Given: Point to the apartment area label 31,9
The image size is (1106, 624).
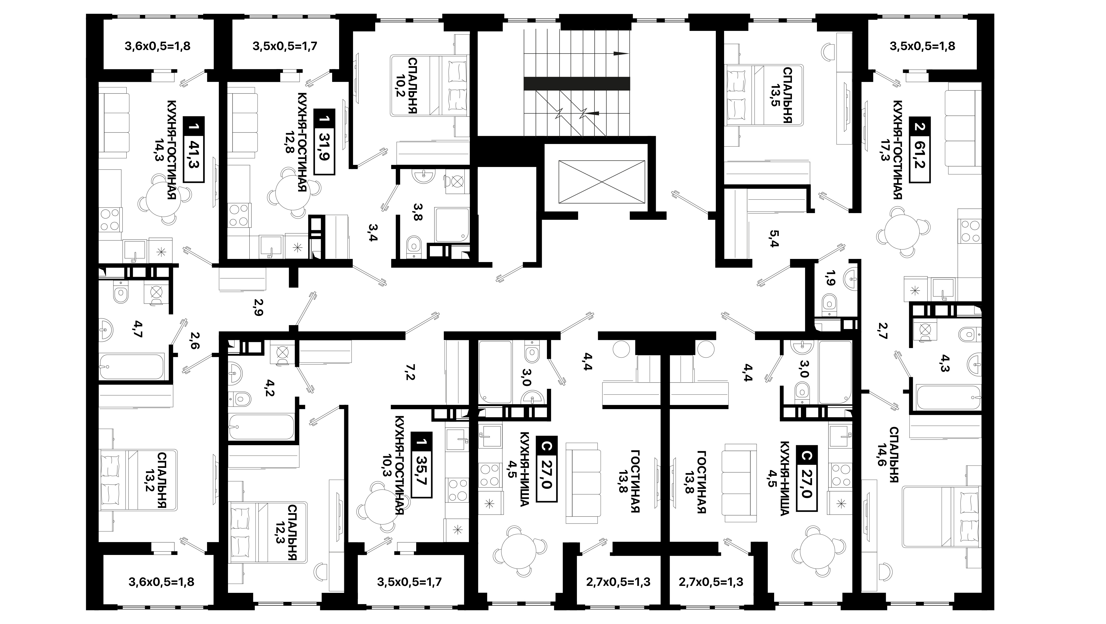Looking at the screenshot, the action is pyautogui.click(x=325, y=147).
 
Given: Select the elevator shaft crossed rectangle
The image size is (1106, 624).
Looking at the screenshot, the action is pyautogui.click(x=602, y=182).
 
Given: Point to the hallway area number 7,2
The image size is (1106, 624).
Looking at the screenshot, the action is pyautogui.click(x=409, y=372).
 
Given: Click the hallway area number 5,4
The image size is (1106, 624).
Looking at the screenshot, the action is pyautogui.click(x=774, y=239).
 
